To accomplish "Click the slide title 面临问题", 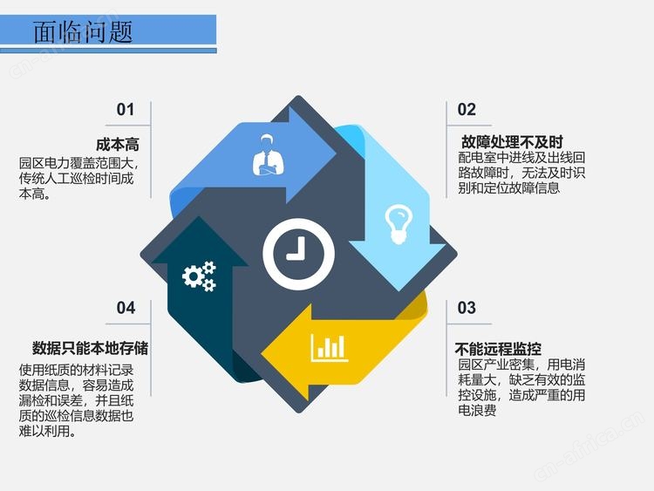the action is tap(83, 32).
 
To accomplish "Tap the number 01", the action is tap(125, 110).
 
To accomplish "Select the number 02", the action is tap(467, 110).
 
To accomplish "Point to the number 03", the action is tap(467, 308).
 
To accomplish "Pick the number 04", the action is tap(126, 308).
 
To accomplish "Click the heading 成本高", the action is tap(118, 145).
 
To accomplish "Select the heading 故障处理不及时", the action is tap(512, 142).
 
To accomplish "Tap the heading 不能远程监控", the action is tap(499, 348).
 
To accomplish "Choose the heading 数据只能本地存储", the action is tap(90, 348).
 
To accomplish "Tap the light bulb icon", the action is tap(399, 223).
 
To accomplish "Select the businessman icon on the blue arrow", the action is tap(269, 154).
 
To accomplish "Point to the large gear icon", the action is tap(193, 276).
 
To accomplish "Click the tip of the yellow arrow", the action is tap(261, 353).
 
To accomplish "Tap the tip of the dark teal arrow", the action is tap(200, 216).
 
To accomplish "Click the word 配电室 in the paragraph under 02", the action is tap(477, 158).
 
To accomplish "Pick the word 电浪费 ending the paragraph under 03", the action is tap(477, 411).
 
